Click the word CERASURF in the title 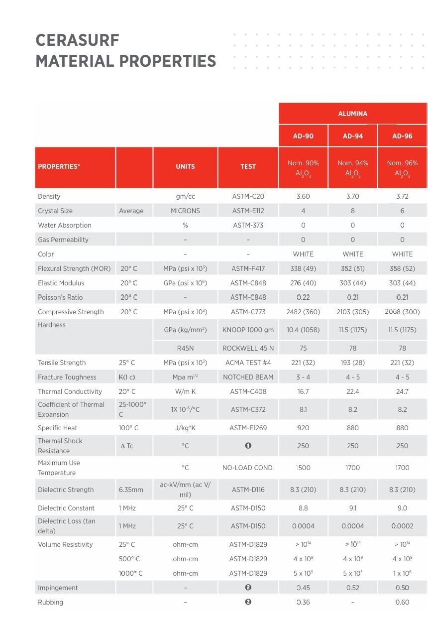tap(78, 40)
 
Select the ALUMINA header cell tap(352, 114)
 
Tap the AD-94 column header tap(352, 136)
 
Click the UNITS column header tap(185, 166)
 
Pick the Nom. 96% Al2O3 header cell tap(402, 168)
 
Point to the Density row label tap(49, 196)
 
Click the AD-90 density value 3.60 tap(303, 196)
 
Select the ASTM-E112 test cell tap(248, 211)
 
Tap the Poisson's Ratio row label tap(60, 297)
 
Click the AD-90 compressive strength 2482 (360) tap(303, 312)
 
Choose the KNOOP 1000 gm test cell tap(248, 330)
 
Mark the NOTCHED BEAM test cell tap(248, 377)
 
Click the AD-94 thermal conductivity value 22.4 tap(352, 391)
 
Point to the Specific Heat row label tap(57, 428)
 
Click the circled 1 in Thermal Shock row tap(248, 445)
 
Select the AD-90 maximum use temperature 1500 tap(303, 468)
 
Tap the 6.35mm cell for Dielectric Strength tap(131, 490)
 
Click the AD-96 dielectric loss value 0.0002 tap(402, 526)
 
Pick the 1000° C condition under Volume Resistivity tap(130, 573)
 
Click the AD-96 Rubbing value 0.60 tap(402, 602)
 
